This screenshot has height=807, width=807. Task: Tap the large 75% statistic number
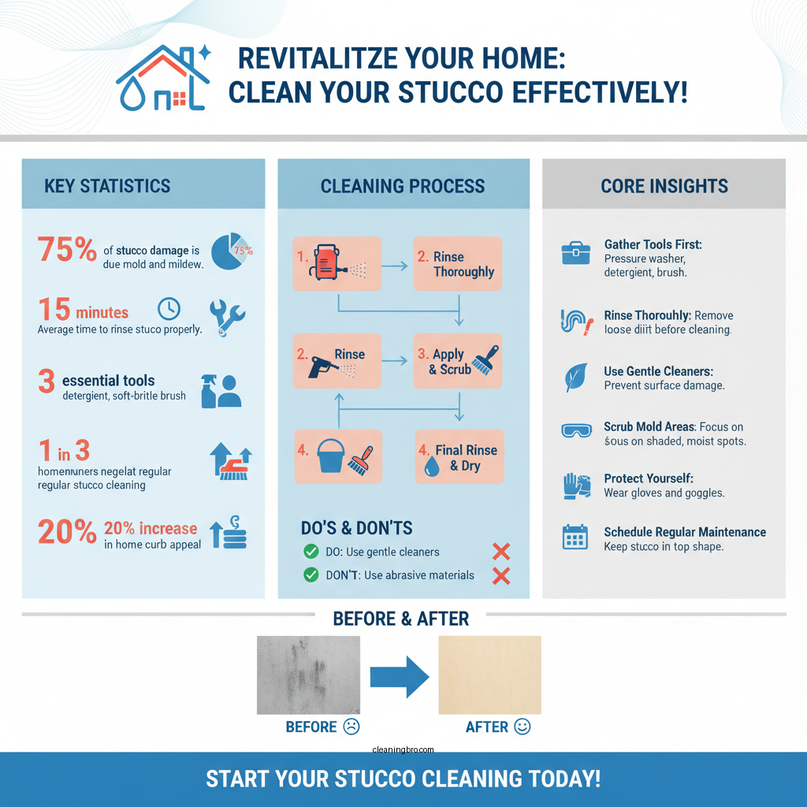(66, 250)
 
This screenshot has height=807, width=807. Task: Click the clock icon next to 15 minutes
(169, 308)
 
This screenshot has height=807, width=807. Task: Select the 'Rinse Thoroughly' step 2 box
(457, 263)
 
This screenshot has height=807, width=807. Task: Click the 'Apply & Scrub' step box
(457, 361)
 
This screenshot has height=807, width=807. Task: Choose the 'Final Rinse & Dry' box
(457, 457)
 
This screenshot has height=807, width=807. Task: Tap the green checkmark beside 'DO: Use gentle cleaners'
(311, 552)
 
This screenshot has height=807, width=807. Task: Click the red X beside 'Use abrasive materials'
(500, 576)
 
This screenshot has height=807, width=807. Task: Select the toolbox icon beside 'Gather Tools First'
(575, 253)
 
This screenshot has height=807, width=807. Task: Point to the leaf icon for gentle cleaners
(575, 377)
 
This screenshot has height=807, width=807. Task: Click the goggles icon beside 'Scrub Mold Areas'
(575, 430)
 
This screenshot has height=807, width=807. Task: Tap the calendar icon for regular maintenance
(575, 537)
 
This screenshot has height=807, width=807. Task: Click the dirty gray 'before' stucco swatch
(308, 675)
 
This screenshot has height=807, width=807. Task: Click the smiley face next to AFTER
(522, 727)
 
